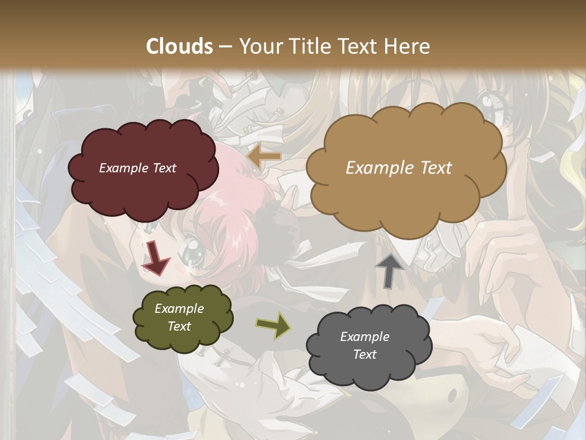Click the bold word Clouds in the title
[x=179, y=46]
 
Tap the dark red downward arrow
[x=155, y=258]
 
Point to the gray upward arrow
[x=389, y=269]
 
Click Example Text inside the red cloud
[x=137, y=168]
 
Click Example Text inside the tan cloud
[x=399, y=168]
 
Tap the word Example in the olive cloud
[x=179, y=309]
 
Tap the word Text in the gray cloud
[x=365, y=355]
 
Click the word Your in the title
[x=257, y=46]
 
